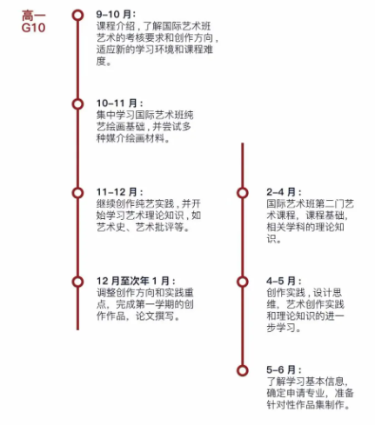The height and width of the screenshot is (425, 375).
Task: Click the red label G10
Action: pos(33,28)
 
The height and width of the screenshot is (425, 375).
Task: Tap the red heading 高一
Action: pos(34,16)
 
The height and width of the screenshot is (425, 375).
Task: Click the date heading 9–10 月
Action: pos(116,14)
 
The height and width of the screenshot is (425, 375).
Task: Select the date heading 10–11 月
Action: pos(119,103)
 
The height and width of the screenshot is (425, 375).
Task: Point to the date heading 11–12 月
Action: pos(119,192)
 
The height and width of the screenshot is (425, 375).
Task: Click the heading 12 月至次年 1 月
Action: pos(136,281)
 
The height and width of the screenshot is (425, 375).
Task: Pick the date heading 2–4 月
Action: pos(284,192)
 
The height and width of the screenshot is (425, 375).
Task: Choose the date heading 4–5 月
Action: pos(284,281)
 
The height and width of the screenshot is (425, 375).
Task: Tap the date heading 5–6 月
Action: pos(284,369)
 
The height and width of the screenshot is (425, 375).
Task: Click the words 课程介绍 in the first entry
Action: pos(116,26)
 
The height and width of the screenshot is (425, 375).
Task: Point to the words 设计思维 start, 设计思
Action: pos(327,293)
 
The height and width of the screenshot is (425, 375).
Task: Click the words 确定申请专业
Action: pos(296,393)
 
